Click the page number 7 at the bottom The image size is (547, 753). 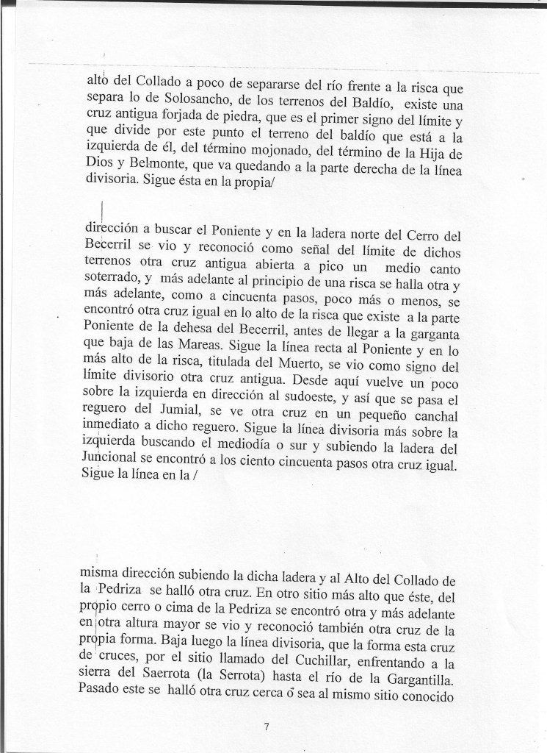point(267,729)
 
